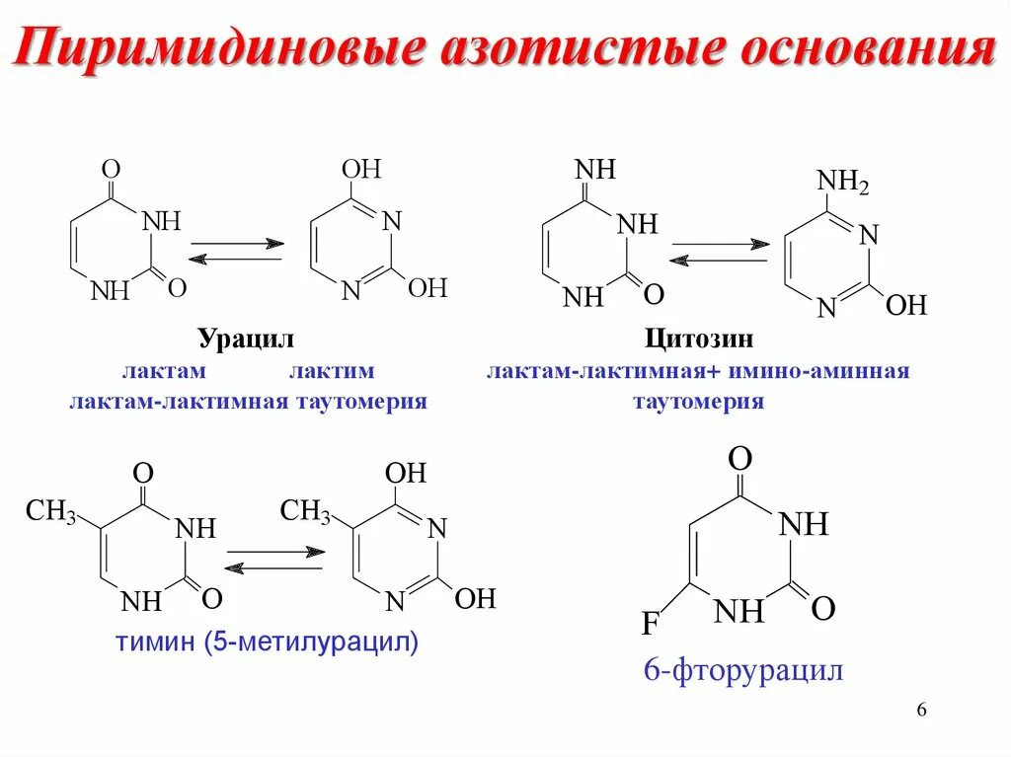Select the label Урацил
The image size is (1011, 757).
[x=247, y=340]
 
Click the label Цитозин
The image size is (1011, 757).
[x=699, y=340]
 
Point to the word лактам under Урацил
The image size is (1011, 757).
[x=164, y=372]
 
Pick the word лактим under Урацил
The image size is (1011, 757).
[x=332, y=372]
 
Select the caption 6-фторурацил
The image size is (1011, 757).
[x=743, y=672]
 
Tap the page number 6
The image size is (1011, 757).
[x=921, y=712]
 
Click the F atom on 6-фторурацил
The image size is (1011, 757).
[x=650, y=624]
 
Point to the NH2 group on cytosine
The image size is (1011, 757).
[x=841, y=183]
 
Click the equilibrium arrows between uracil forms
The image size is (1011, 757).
[x=236, y=251]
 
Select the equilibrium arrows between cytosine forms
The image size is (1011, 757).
[x=719, y=252]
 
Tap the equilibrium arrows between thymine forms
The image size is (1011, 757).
[x=273, y=559]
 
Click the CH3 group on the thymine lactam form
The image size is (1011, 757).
[x=50, y=511]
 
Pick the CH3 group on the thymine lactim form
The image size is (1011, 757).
[x=305, y=511]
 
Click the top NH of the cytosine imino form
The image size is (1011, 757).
[x=594, y=170]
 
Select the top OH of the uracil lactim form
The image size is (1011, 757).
[x=362, y=169]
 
